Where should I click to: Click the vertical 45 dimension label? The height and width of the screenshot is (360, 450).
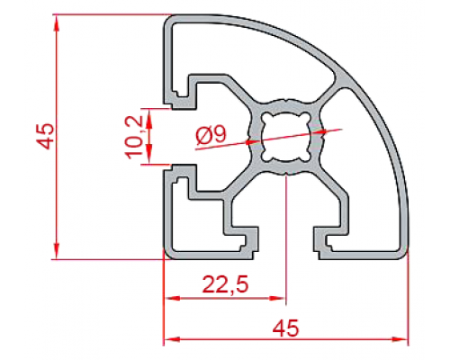pyautogui.click(x=46, y=136)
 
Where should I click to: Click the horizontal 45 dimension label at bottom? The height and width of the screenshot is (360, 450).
pyautogui.click(x=286, y=328)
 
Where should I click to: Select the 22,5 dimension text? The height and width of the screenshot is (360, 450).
pyautogui.click(x=225, y=284)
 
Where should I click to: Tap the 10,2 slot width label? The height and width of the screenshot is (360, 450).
pyautogui.click(x=134, y=137)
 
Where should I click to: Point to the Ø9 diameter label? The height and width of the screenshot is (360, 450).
pyautogui.click(x=211, y=135)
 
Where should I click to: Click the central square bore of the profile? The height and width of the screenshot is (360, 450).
pyautogui.click(x=285, y=137)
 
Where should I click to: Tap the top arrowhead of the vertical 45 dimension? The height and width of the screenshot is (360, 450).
pyautogui.click(x=57, y=22)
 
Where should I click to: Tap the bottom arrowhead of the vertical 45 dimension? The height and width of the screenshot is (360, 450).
pyautogui.click(x=57, y=251)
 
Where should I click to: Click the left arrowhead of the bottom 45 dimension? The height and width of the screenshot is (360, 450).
pyautogui.click(x=173, y=339)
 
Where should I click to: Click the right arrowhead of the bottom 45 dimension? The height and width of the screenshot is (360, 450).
pyautogui.click(x=400, y=339)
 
